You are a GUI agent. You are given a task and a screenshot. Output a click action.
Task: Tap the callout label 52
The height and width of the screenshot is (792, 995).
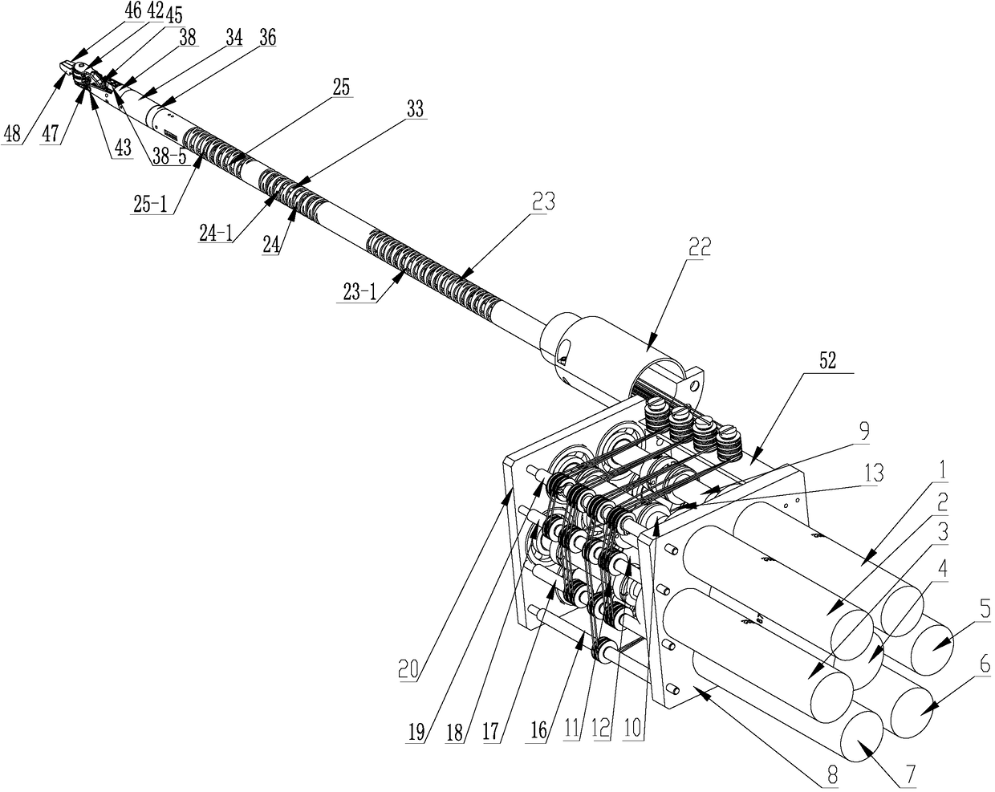pyautogui.click(x=828, y=361)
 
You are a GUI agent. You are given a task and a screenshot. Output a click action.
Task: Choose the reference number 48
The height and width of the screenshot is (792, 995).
pyautogui.click(x=11, y=134)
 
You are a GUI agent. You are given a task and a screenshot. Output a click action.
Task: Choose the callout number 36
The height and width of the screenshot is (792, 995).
pyautogui.click(x=268, y=38)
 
